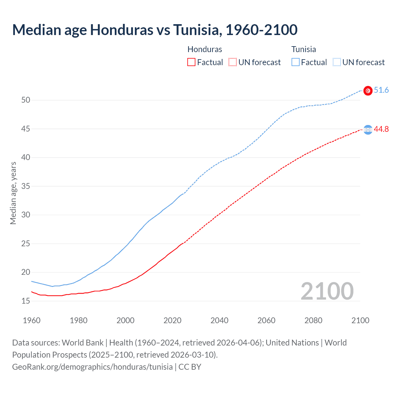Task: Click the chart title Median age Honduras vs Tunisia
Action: pyautogui.click(x=155, y=30)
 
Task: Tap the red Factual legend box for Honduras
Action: pyautogui.click(x=191, y=62)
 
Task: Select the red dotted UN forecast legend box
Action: pyautogui.click(x=233, y=62)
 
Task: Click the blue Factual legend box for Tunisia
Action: pyautogui.click(x=296, y=62)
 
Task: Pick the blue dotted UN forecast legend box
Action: pyautogui.click(x=337, y=62)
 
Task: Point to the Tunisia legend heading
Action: pyautogui.click(x=304, y=49)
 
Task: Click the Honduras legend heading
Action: pyautogui.click(x=205, y=49)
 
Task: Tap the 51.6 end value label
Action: pyautogui.click(x=381, y=90)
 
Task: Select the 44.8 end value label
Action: pyautogui.click(x=381, y=129)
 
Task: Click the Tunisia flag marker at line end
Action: pyautogui.click(x=368, y=91)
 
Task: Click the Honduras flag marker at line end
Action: pyautogui.click(x=368, y=130)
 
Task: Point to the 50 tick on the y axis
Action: pyautogui.click(x=26, y=100)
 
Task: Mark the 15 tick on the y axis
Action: pyautogui.click(x=26, y=301)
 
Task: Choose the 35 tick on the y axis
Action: pyautogui.click(x=26, y=186)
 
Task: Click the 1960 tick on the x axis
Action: pyautogui.click(x=32, y=320)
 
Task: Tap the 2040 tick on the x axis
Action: pyautogui.click(x=219, y=320)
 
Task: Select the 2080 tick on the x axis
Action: pyautogui.click(x=313, y=320)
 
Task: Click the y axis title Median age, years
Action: pyautogui.click(x=13, y=193)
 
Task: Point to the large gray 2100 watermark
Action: pyautogui.click(x=327, y=291)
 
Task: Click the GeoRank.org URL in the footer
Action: pyautogui.click(x=92, y=367)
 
